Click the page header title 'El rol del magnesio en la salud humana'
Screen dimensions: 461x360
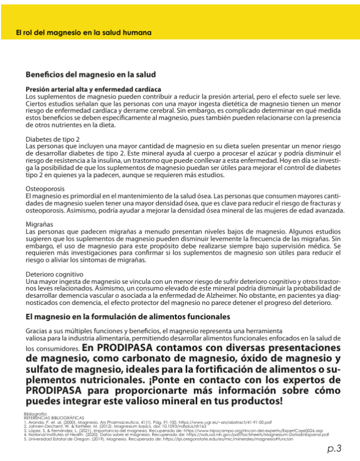point(84,33)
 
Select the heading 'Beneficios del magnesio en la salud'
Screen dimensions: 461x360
point(91,74)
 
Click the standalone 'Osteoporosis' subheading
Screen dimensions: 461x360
point(46,189)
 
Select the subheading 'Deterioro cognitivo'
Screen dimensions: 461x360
point(55,274)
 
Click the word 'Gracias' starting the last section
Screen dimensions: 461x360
point(38,330)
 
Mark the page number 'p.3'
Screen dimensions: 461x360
point(334,448)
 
